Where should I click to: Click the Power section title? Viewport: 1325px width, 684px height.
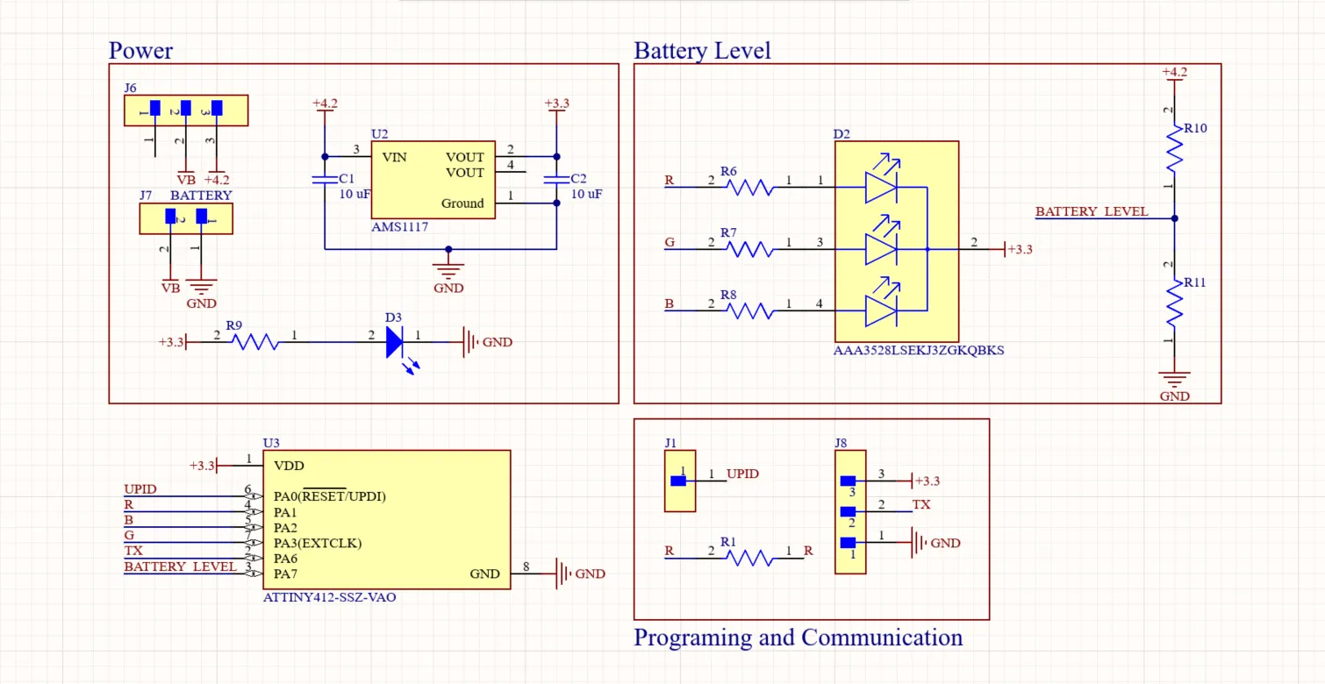pyautogui.click(x=140, y=51)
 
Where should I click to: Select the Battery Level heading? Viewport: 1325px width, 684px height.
pyautogui.click(x=702, y=51)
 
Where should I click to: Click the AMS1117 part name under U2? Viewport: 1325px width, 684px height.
pyautogui.click(x=399, y=227)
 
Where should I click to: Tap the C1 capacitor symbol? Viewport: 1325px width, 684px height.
pyautogui.click(x=324, y=180)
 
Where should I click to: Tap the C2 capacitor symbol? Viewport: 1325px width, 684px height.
pyautogui.click(x=556, y=180)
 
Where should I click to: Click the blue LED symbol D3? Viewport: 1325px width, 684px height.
pyautogui.click(x=396, y=342)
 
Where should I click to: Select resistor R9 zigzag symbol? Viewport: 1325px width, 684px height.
pyautogui.click(x=255, y=342)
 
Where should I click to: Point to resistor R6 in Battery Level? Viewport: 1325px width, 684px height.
pyautogui.click(x=750, y=187)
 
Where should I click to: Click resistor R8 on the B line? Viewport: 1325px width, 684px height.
pyautogui.click(x=750, y=310)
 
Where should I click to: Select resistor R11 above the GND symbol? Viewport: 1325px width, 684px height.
pyautogui.click(x=1174, y=303)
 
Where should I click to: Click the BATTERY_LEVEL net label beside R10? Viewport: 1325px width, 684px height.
pyautogui.click(x=1091, y=212)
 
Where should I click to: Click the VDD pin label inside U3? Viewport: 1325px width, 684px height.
pyautogui.click(x=289, y=466)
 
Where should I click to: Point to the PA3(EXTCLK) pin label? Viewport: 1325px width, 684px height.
pyautogui.click(x=317, y=543)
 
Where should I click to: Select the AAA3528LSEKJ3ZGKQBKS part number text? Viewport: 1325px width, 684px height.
pyautogui.click(x=918, y=350)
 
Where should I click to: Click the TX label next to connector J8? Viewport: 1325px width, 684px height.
pyautogui.click(x=921, y=505)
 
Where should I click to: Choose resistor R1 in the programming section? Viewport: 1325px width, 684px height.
pyautogui.click(x=750, y=558)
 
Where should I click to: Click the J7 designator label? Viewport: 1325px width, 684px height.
pyautogui.click(x=146, y=195)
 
